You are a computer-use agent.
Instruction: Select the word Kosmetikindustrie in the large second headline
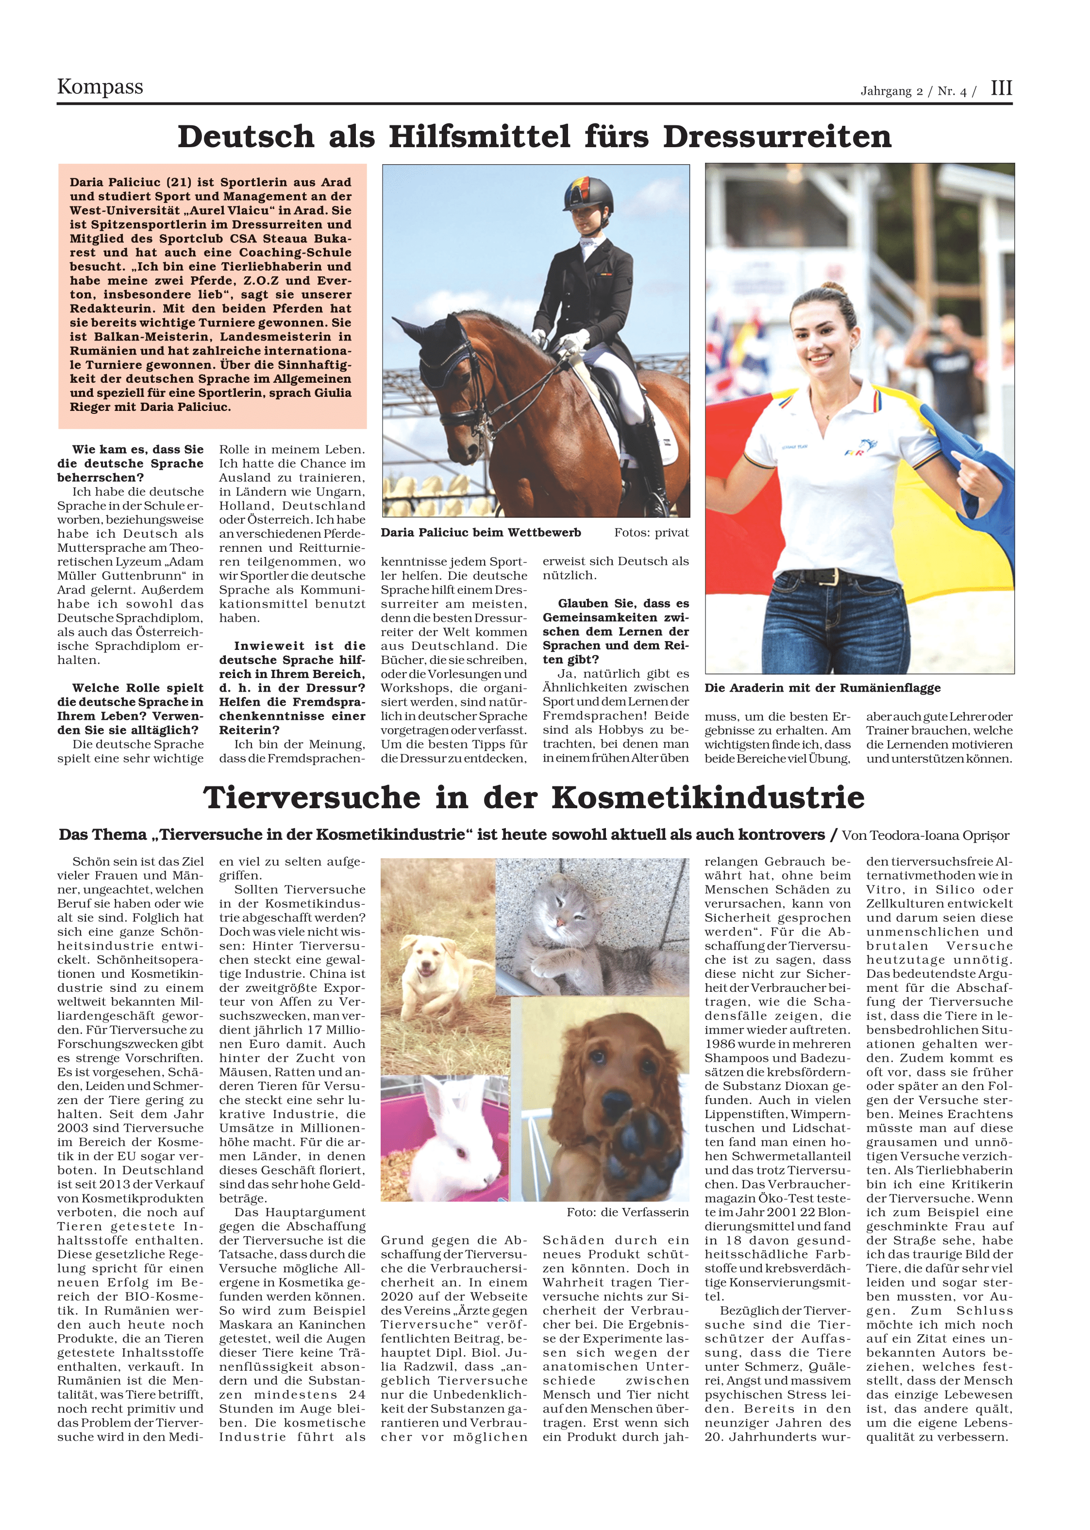(707, 798)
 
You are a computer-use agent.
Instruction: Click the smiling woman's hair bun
(834, 288)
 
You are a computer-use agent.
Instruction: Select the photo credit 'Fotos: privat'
(651, 533)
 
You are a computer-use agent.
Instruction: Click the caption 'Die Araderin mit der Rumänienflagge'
(822, 688)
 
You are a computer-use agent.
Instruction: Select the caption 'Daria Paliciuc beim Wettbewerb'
(481, 533)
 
